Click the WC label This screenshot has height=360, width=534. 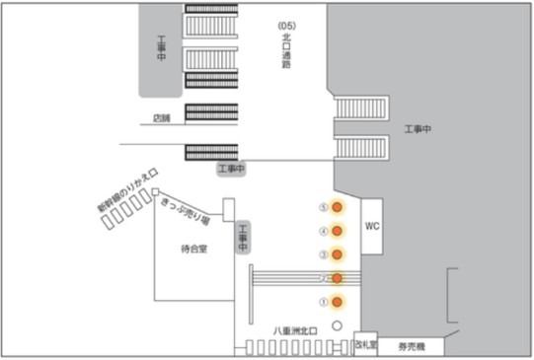click(372, 226)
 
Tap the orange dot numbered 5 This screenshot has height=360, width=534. click(337, 208)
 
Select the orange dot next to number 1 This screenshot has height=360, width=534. click(337, 301)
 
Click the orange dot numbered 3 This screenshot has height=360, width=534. click(337, 254)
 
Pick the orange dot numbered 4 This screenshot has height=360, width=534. click(337, 231)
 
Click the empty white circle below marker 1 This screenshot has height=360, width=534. click(337, 324)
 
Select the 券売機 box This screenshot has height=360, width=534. click(411, 346)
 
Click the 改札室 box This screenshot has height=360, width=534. click(365, 346)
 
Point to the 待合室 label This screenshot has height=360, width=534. click(194, 250)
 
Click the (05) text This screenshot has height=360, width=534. click(287, 24)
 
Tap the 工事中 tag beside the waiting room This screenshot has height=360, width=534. click(243, 238)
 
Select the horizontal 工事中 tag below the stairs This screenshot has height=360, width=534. click(231, 171)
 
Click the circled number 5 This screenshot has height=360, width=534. click(322, 208)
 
